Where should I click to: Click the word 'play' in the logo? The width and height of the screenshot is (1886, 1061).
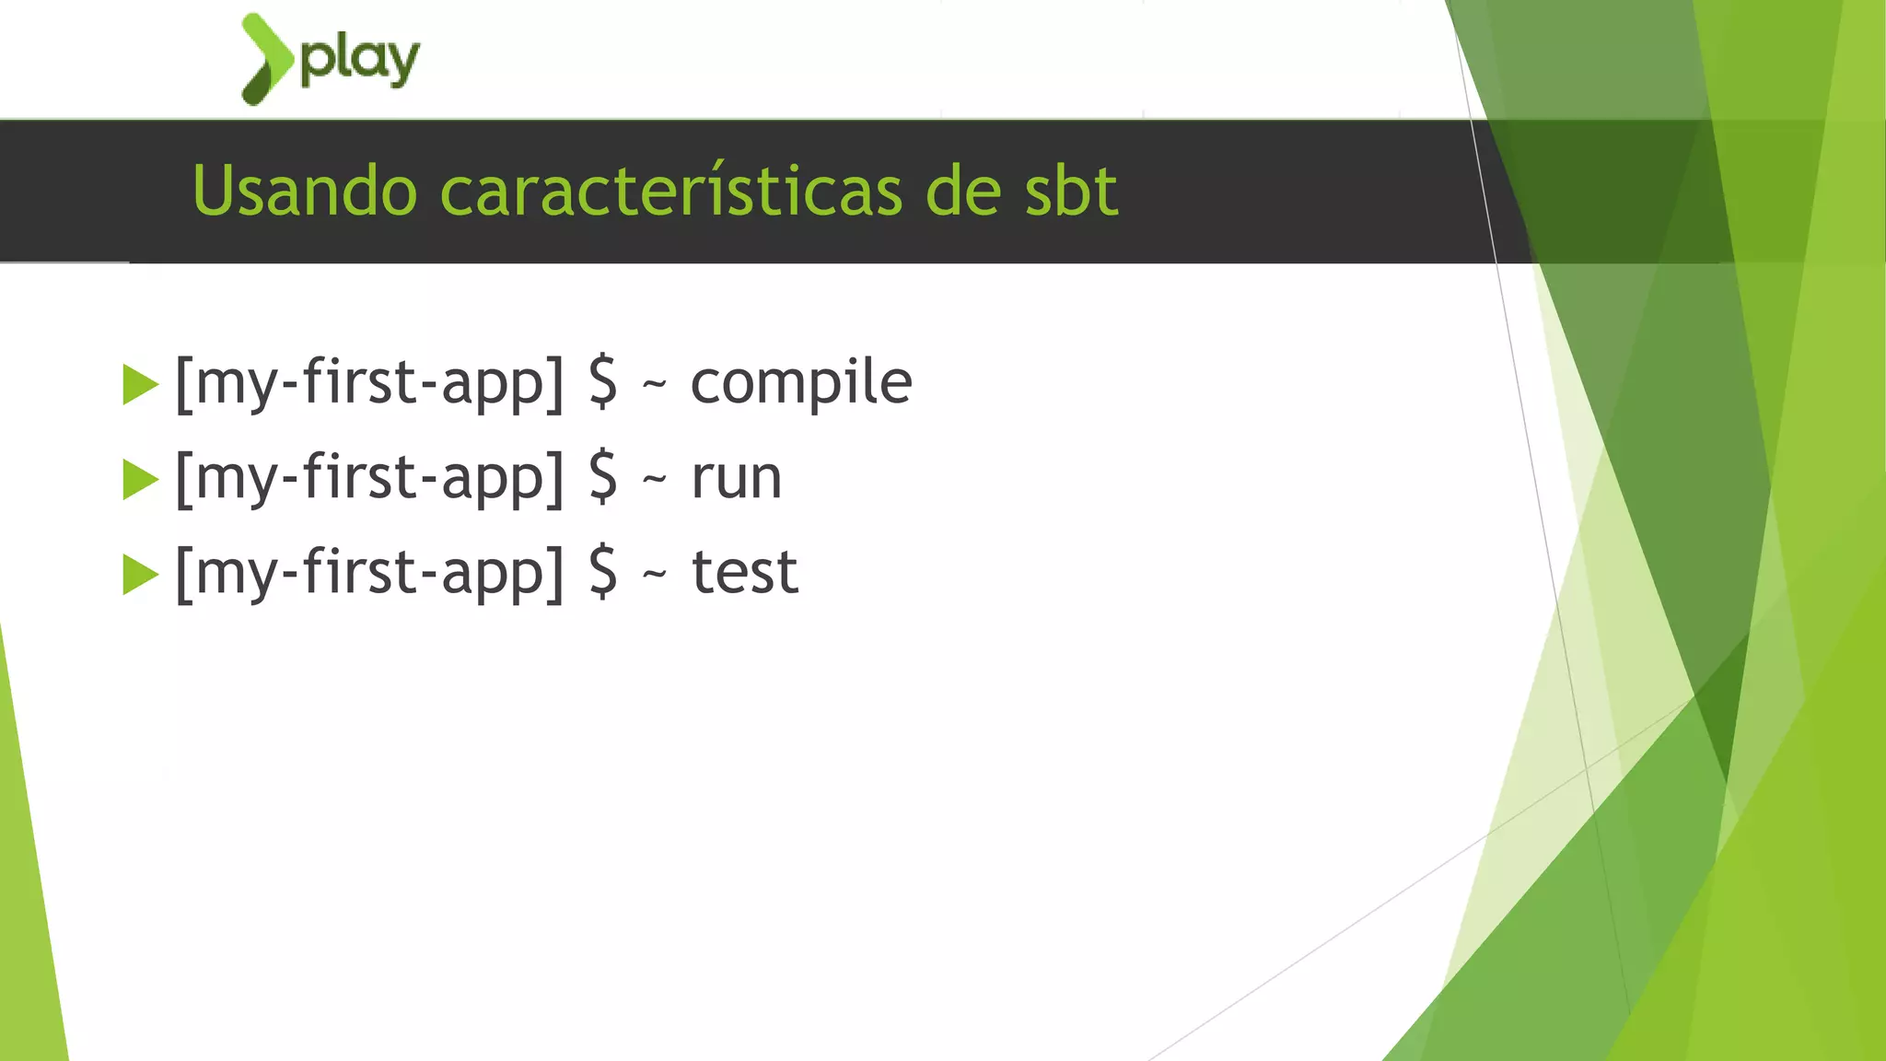click(x=360, y=61)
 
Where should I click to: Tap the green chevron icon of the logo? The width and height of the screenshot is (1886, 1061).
click(x=265, y=58)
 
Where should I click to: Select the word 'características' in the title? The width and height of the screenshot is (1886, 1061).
click(x=670, y=191)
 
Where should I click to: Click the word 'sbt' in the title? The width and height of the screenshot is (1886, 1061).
click(x=1071, y=191)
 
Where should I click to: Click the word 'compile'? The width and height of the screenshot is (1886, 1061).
click(x=800, y=383)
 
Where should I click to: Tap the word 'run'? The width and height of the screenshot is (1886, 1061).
click(x=736, y=478)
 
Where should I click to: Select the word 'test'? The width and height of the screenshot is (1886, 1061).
click(x=744, y=573)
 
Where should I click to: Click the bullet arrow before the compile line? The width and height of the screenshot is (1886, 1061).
click(x=140, y=385)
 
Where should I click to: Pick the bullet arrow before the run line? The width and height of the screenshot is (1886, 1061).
click(x=140, y=480)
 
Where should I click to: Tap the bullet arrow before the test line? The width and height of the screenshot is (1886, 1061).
click(x=140, y=575)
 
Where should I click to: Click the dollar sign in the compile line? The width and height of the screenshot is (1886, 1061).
click(x=603, y=382)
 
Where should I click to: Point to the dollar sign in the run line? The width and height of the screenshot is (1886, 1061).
click(x=603, y=477)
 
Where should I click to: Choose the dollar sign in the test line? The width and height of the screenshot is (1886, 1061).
click(x=603, y=572)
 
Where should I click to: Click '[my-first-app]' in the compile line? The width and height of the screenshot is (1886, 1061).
click(x=369, y=383)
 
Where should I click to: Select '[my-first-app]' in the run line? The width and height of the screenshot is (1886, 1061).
click(x=369, y=478)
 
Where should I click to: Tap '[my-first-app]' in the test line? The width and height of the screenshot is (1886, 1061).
click(x=369, y=573)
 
